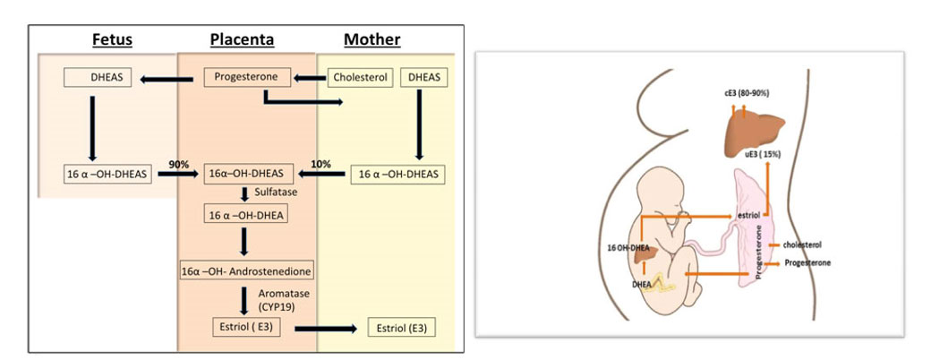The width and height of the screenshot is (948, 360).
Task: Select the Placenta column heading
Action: tap(242, 39)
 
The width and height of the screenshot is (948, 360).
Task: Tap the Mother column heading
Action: tap(372, 39)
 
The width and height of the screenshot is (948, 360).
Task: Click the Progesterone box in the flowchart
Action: tap(243, 78)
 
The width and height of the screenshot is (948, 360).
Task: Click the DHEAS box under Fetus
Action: tap(98, 78)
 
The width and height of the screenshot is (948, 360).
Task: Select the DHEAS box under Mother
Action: tap(423, 78)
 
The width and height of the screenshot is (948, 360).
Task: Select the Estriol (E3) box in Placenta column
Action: tap(247, 328)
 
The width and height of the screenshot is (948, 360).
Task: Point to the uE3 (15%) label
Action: tap(763, 154)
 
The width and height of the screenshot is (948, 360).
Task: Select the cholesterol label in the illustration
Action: tap(802, 244)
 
